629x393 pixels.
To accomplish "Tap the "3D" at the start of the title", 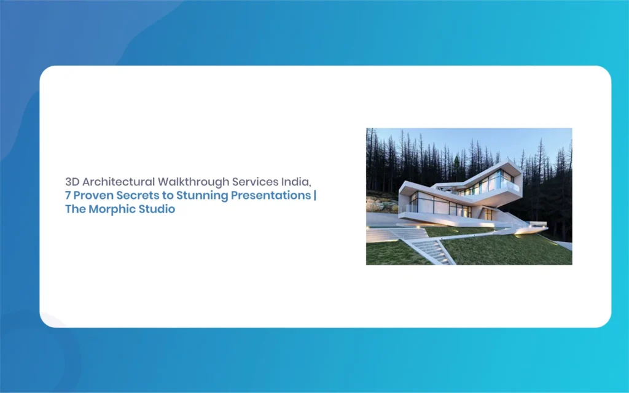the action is [72, 182].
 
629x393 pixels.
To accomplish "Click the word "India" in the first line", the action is [295, 182].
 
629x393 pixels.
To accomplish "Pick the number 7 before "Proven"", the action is [68, 195].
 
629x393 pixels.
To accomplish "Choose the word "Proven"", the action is [93, 195].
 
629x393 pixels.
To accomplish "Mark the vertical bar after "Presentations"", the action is [315, 195].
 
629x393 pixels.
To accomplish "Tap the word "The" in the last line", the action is [76, 209].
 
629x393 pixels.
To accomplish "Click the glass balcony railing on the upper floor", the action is [509, 185].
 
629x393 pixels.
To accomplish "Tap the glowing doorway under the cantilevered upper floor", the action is [488, 214].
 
